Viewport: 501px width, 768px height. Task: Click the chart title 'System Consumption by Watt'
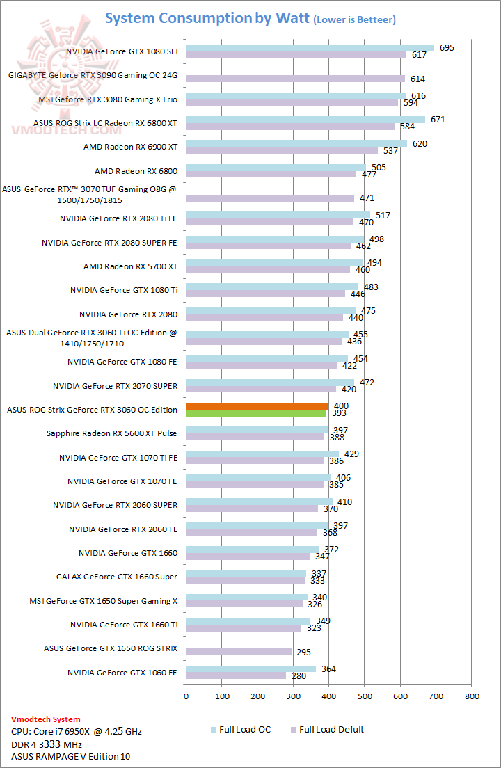coord(207,18)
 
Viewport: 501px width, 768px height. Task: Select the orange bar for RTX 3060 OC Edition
coord(257,406)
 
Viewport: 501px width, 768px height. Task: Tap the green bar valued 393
coord(255,413)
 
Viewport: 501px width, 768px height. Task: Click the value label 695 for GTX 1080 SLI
coord(447,47)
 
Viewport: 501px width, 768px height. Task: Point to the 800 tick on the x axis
coord(471,695)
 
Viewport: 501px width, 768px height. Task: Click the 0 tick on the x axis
coord(186,695)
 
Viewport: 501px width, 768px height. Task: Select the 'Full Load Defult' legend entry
coord(331,730)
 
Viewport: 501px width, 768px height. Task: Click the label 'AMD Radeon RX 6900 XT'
coord(130,147)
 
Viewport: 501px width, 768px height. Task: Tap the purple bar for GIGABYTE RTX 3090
coord(295,79)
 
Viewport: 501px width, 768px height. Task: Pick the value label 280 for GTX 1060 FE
coord(301,675)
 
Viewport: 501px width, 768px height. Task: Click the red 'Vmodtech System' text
coord(46,719)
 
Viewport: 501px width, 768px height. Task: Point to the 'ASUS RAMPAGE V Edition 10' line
coord(70,756)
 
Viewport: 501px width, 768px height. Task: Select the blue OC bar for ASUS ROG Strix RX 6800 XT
coord(305,119)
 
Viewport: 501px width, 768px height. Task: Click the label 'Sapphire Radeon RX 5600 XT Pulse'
coord(112,433)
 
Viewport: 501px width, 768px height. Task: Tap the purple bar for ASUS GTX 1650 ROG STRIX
coord(239,652)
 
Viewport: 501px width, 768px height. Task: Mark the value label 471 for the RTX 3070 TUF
coord(367,198)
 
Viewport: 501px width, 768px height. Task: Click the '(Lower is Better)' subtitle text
coord(354,20)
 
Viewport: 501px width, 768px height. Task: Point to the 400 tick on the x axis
coord(328,695)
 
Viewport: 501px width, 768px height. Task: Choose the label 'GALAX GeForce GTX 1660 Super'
coord(117,577)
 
